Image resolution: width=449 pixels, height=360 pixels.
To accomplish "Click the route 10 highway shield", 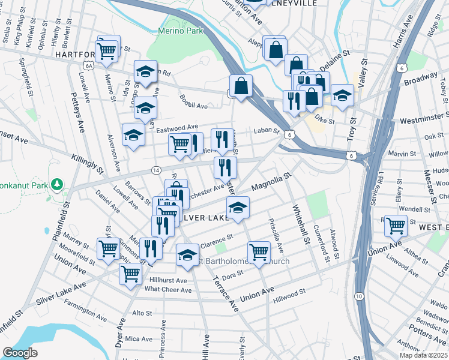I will tap(358, 297).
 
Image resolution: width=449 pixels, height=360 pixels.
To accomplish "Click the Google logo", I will tap(20, 353).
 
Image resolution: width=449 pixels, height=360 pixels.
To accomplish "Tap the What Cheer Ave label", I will tap(168, 290).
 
